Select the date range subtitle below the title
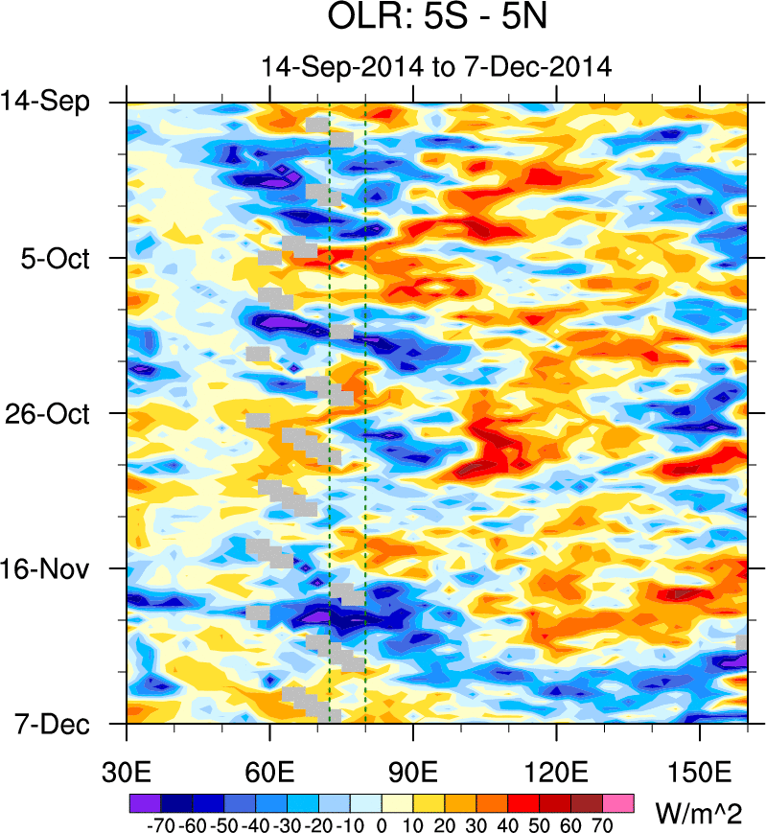pyautogui.click(x=437, y=67)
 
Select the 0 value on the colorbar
pyautogui.click(x=381, y=823)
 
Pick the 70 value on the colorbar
pyautogui.click(x=603, y=823)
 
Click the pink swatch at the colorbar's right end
pyautogui.click(x=618, y=801)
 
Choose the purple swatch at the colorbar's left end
pyautogui.click(x=143, y=801)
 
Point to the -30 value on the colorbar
pyautogui.click(x=285, y=823)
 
